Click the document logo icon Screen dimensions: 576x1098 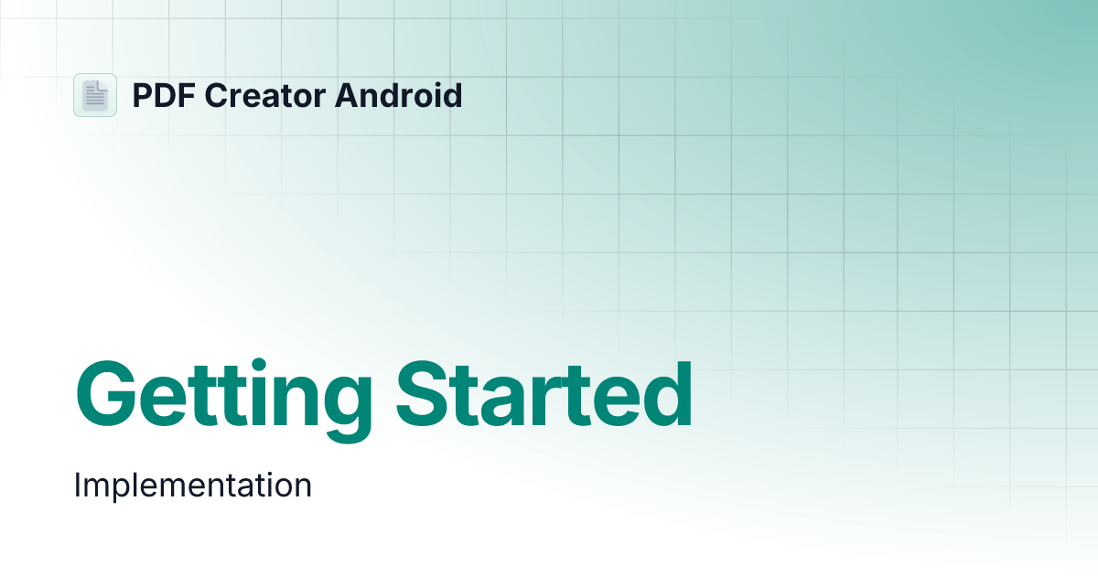point(95,95)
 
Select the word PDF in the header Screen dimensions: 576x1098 point(161,95)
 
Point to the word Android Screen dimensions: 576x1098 point(398,95)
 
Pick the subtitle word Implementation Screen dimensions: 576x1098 point(193,485)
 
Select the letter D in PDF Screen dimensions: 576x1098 point(162,95)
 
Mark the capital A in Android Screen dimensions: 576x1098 point(345,95)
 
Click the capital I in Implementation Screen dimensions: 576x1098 point(78,485)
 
